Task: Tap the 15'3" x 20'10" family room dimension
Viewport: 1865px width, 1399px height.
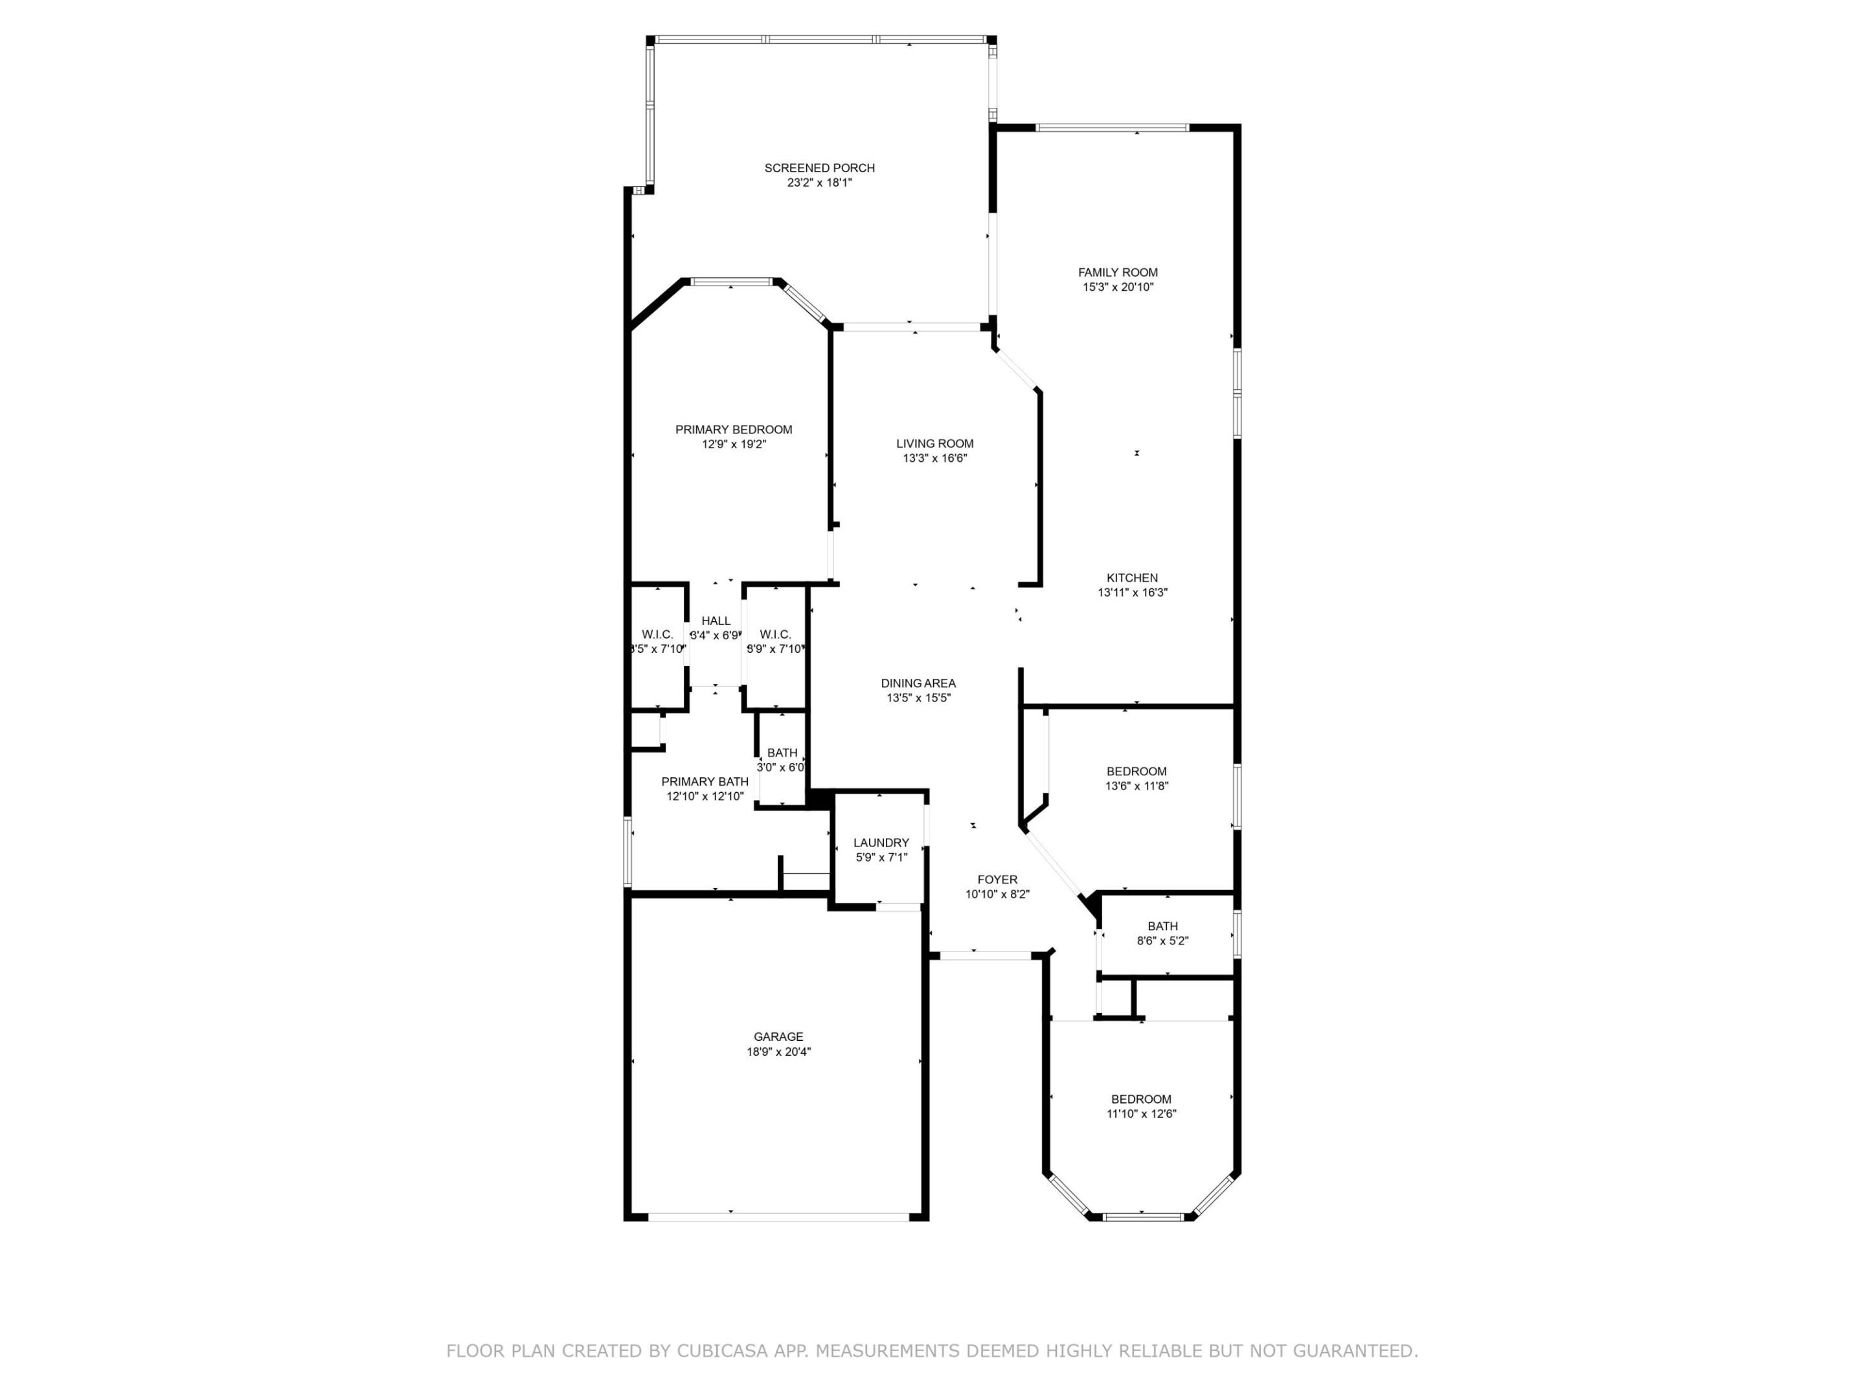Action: (x=1117, y=287)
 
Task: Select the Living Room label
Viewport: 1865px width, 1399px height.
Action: (x=934, y=444)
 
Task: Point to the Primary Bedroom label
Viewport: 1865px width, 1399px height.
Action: (x=734, y=429)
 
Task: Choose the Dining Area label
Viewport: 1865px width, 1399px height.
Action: (x=918, y=683)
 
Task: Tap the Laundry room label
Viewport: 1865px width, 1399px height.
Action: (x=881, y=843)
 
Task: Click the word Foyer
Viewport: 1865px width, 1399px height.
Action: (x=997, y=880)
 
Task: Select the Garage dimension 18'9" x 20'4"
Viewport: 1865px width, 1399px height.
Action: (x=778, y=1052)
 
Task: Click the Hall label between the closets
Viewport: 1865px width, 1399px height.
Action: (x=716, y=620)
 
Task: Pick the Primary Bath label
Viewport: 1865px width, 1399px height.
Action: (x=705, y=782)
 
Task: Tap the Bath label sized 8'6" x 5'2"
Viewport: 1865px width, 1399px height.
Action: (x=1162, y=926)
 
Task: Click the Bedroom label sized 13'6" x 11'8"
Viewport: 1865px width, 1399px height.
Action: (x=1136, y=771)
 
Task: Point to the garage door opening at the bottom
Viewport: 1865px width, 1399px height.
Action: (x=777, y=1217)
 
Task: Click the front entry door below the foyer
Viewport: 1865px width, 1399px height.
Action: (x=984, y=955)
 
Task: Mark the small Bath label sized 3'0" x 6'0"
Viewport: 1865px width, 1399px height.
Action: (x=782, y=753)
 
